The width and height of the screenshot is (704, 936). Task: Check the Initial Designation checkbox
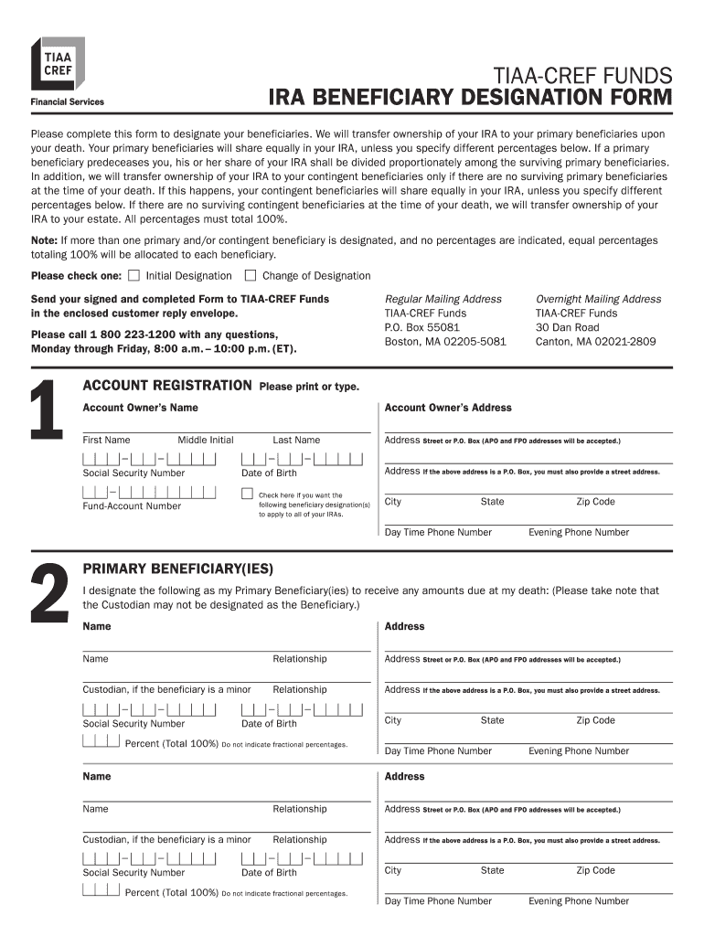(134, 275)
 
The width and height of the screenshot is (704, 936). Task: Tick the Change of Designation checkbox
(251, 275)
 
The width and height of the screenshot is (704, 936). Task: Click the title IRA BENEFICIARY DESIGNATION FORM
(469, 98)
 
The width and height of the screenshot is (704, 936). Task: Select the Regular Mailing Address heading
(443, 299)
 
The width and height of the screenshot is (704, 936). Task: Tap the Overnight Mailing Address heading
(598, 299)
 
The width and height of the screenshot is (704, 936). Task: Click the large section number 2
(48, 594)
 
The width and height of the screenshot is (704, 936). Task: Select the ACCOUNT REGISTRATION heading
(167, 386)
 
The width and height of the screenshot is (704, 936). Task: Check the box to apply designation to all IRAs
(247, 494)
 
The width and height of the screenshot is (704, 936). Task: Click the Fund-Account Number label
(132, 506)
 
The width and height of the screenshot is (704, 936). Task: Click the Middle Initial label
(206, 441)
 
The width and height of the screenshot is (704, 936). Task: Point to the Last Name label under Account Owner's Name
(296, 441)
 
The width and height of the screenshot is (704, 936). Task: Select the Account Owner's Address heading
(448, 408)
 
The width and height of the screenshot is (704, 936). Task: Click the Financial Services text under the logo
(68, 102)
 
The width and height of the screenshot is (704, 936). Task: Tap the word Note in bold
(45, 240)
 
